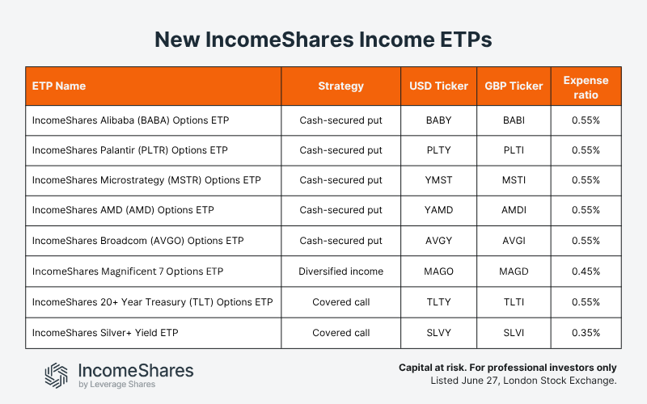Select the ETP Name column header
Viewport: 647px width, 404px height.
tap(59, 86)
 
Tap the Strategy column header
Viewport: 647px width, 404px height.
tap(340, 86)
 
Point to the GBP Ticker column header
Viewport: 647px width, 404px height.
tap(513, 86)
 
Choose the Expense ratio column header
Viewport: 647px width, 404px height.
tap(586, 86)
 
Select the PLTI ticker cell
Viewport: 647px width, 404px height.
tap(513, 150)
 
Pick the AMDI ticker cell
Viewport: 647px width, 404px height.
tap(513, 210)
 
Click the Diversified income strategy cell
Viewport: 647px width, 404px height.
tap(340, 271)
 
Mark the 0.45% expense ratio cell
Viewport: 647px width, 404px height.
tap(586, 271)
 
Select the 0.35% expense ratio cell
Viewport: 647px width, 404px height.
tap(586, 332)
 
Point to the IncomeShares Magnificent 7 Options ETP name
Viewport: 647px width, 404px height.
tap(128, 271)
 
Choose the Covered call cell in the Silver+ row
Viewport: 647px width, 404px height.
tap(340, 332)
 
